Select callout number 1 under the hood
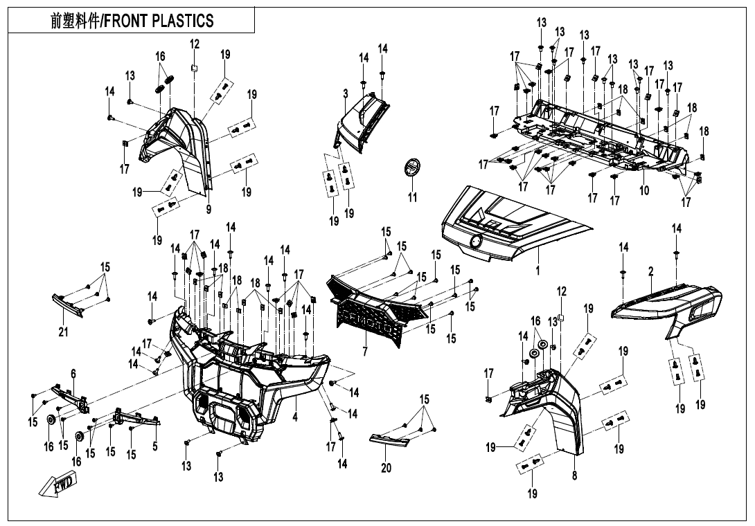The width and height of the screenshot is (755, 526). coord(537,271)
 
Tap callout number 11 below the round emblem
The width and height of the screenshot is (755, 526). coord(412,198)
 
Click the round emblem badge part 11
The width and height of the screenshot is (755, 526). coord(412,168)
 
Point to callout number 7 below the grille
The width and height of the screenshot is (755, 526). coord(365,352)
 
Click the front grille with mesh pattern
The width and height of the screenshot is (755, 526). coord(374,311)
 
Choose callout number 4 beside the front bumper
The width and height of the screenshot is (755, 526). coord(294,418)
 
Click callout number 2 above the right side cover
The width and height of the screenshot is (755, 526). coord(651,273)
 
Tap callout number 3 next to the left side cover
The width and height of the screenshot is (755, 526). coord(345,93)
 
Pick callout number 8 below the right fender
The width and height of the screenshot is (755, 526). coord(574,475)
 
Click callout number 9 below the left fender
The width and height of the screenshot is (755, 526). coord(208,209)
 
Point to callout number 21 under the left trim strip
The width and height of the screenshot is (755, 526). coord(63,332)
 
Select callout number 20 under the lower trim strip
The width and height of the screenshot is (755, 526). coord(386,468)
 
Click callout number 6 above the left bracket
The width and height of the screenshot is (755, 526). coord(73,374)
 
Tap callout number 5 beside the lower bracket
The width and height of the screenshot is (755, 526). coord(155,446)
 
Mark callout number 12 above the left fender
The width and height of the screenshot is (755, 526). coord(195,44)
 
